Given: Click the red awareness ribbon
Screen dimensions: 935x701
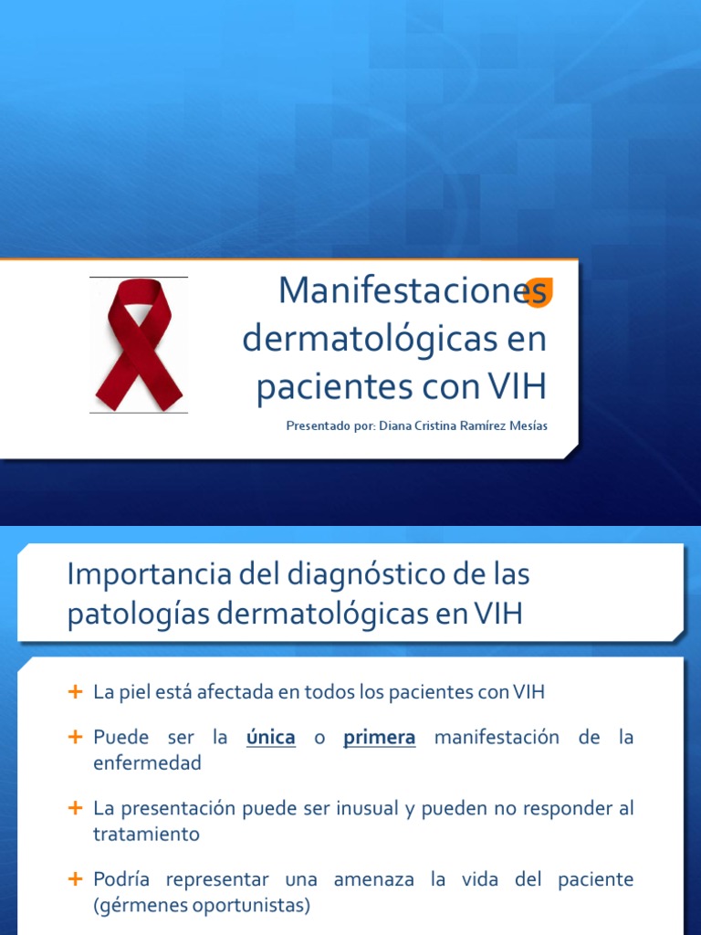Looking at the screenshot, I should click(x=139, y=344).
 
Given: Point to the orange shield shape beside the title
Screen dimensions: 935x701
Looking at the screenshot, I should click(x=540, y=291).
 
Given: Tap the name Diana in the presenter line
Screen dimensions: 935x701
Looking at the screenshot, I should click(x=394, y=426).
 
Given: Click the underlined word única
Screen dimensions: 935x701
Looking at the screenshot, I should click(x=271, y=738).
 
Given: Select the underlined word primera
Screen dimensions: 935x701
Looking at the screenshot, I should click(x=380, y=738).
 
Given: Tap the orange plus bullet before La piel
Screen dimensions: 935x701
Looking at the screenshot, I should click(x=76, y=691).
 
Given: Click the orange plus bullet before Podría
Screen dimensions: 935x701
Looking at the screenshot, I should click(x=76, y=880).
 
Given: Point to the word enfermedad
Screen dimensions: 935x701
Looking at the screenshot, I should click(x=147, y=763).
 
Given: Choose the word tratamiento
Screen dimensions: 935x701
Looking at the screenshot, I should click(x=146, y=835).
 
